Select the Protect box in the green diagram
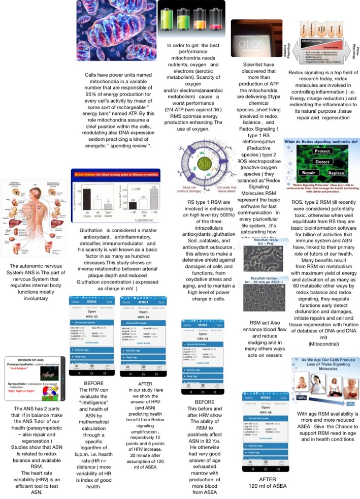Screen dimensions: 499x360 click(x=322, y=151)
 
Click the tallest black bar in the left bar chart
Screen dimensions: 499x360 click(x=88, y=192)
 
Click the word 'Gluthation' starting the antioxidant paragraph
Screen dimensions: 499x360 click(x=91, y=230)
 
